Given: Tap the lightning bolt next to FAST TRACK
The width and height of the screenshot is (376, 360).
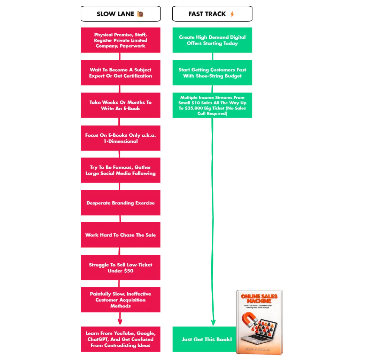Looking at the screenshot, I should tap(232, 14).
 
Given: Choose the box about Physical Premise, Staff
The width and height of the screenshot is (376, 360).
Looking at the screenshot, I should tap(120, 40).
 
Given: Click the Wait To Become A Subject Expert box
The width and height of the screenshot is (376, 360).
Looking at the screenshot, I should tap(120, 73).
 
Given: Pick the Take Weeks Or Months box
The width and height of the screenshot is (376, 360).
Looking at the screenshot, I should tap(120, 105).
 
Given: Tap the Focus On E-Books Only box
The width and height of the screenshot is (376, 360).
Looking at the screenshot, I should tap(120, 138).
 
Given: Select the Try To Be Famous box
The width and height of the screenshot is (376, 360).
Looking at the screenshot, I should tap(120, 170).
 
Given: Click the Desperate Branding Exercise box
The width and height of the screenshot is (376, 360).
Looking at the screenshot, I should tap(120, 203).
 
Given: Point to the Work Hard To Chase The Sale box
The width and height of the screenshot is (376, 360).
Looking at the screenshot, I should tap(120, 235).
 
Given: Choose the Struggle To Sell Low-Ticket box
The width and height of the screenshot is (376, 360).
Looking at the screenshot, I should tap(120, 267).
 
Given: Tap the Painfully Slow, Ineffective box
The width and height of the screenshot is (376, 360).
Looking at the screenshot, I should tap(120, 300).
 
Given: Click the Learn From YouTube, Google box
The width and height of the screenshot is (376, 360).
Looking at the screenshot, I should tap(120, 339).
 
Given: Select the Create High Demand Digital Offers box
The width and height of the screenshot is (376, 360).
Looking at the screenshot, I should tap(212, 40).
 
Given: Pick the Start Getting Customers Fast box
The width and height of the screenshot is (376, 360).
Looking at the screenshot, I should tap(212, 73).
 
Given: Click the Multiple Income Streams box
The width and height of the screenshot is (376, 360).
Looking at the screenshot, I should tap(212, 105).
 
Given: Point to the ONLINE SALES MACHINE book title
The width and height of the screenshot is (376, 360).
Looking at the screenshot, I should tap(260, 298).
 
